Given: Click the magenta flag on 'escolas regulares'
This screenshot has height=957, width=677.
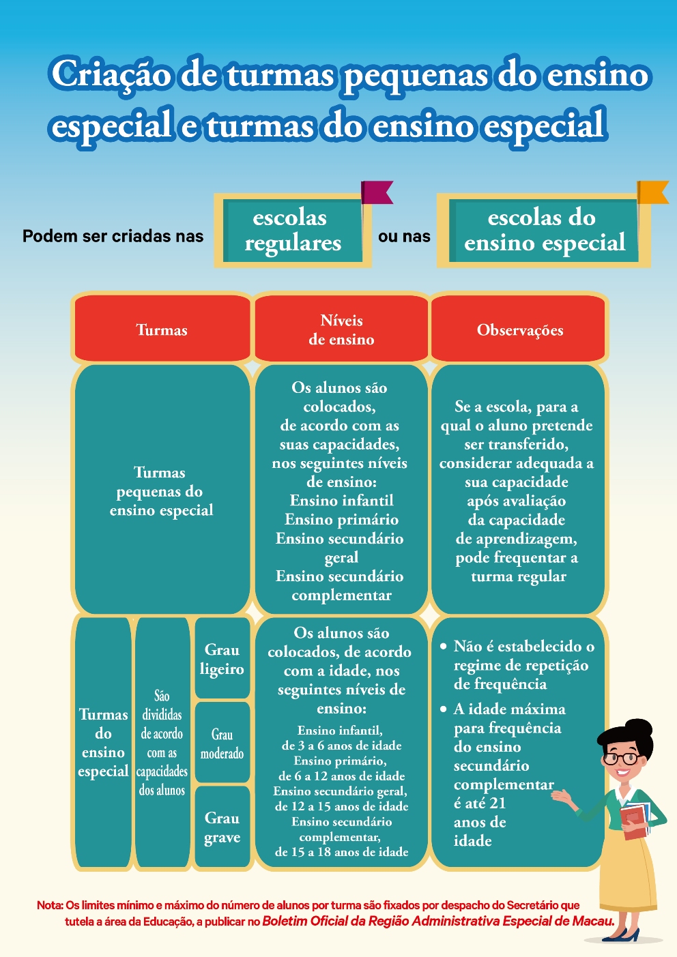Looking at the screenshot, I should coord(376,192).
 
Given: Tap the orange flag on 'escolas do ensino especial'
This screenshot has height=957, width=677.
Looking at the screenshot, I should coord(652,192).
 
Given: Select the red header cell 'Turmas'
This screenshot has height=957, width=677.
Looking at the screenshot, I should coord(162,329).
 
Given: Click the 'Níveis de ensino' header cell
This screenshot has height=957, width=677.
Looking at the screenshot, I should coord(341,329).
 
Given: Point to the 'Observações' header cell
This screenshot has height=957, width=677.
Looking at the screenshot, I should coord(519,329).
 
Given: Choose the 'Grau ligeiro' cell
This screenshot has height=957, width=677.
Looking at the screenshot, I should coord(222,659).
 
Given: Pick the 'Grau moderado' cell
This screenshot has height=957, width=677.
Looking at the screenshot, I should coord(222,743).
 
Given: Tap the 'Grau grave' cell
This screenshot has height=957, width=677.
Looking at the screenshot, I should coord(222,827).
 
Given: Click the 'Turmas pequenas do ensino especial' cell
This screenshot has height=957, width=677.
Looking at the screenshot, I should coord(162,490).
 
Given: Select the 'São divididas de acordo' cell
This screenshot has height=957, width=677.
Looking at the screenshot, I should coord(162,743).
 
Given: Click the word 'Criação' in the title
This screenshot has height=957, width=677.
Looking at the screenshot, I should coord(111,74).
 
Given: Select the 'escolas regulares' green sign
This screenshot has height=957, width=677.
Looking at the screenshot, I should coord(293,231).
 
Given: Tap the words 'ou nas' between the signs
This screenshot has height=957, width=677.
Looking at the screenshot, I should coord(404,236).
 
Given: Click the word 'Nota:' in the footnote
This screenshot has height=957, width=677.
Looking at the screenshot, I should coord(50,905).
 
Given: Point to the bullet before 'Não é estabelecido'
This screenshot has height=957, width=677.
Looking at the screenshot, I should coord(444,645).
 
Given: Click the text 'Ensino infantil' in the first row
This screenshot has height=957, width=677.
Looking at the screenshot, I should coord(341,501).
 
